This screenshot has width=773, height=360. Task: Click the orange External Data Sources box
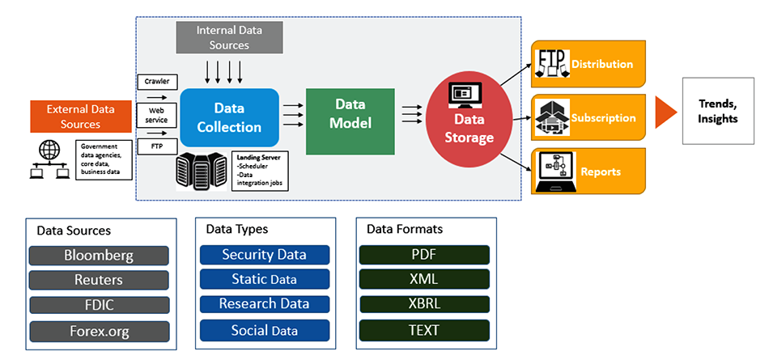coord(79,116)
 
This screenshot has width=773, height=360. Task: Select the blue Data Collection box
coord(229,117)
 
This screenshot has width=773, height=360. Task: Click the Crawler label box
coord(156,82)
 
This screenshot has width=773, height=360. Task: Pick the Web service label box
coord(156,114)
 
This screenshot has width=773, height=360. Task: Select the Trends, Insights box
coord(718,111)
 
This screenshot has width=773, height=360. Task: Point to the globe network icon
coord(49,151)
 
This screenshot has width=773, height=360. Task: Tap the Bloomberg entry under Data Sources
coord(99,256)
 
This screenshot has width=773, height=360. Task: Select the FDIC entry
coord(99,305)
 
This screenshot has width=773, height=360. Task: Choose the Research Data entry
coord(264,304)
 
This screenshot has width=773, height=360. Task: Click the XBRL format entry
coord(424,304)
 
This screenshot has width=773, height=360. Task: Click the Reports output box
coord(588,171)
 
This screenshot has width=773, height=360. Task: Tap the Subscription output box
coord(588,117)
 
